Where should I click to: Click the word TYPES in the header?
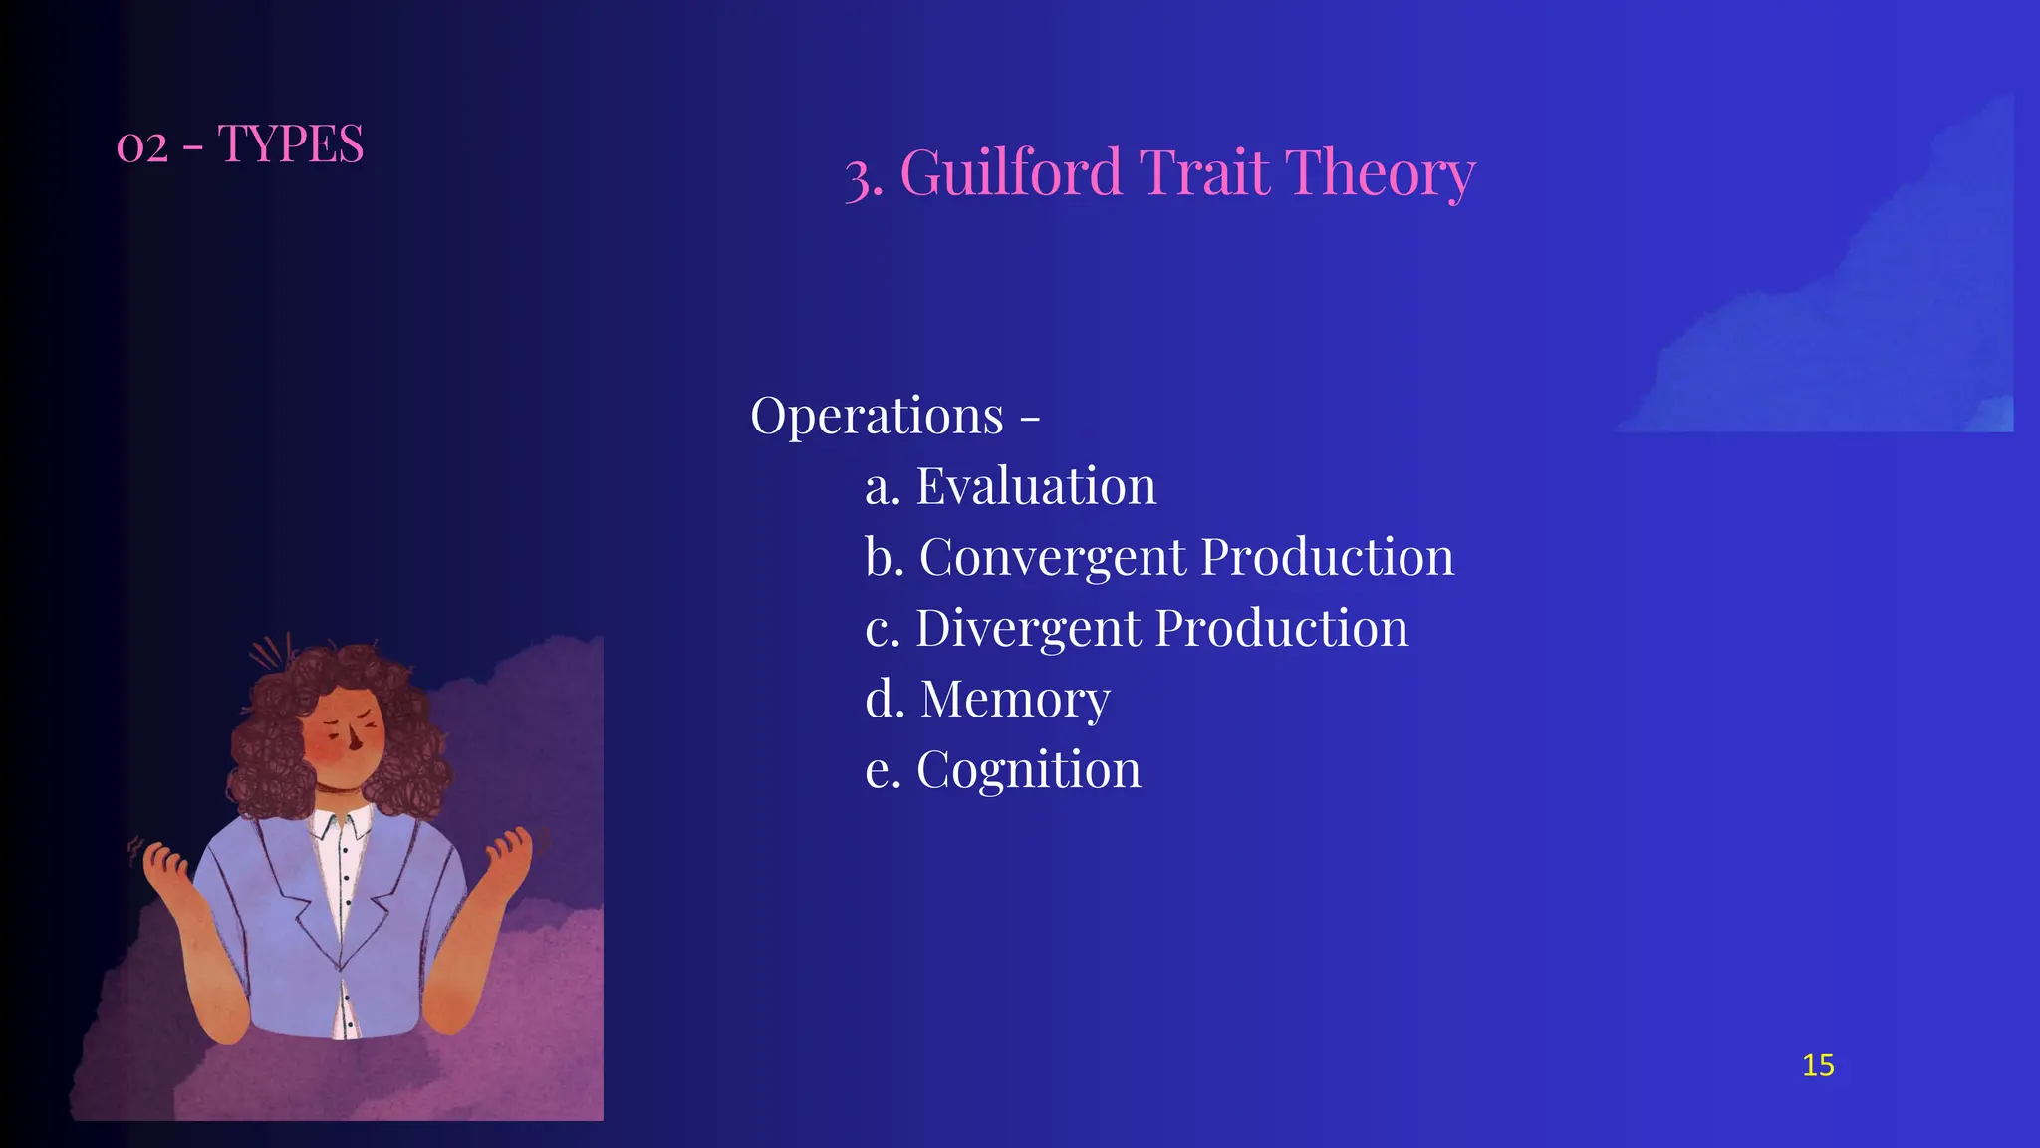coord(291,144)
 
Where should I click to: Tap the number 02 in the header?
coord(141,147)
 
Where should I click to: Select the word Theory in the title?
coord(1380,173)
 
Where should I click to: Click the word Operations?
coord(877,416)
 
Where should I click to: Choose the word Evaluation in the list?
coord(1036,487)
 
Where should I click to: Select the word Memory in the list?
coord(1014,700)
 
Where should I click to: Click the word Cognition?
coord(1028,770)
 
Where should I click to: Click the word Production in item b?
coord(1328,558)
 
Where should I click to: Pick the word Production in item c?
coord(1282,629)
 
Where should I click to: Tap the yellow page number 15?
coord(1818,1065)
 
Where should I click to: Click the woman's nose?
coord(355,742)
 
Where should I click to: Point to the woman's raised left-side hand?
coord(165,863)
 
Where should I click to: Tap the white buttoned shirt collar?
coord(339,825)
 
